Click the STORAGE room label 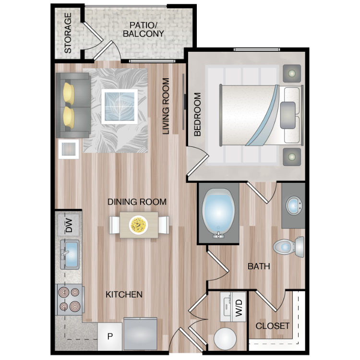click(x=68, y=33)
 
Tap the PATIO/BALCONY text click(x=143, y=29)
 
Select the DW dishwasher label click(x=69, y=225)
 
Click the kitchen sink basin click(x=72, y=254)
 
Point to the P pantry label click(x=110, y=336)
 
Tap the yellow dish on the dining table click(x=138, y=225)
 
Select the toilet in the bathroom click(x=288, y=247)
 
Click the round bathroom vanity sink click(x=294, y=205)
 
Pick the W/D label click(x=239, y=308)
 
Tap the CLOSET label click(x=273, y=326)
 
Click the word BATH click(x=259, y=266)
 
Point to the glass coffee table click(x=120, y=107)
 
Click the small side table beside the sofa click(x=69, y=149)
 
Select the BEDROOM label click(x=197, y=114)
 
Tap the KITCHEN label click(x=124, y=294)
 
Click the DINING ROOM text click(x=137, y=202)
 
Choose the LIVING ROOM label click(x=166, y=106)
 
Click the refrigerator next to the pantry click(x=140, y=334)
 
